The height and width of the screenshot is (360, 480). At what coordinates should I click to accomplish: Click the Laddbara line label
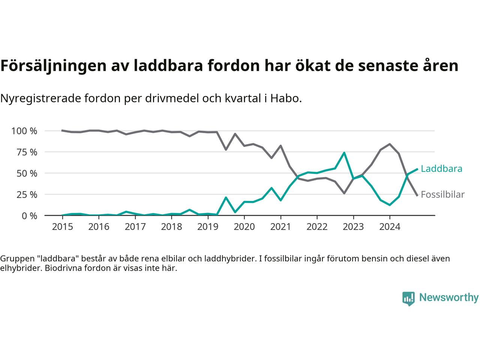coord(441,169)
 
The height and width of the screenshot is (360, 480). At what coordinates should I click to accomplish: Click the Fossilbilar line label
coord(442,195)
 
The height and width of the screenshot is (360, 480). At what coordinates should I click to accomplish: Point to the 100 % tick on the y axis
coord(24,131)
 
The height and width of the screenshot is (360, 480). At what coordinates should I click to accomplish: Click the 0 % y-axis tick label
coord(29,216)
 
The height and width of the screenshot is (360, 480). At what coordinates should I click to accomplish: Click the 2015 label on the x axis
coord(62,227)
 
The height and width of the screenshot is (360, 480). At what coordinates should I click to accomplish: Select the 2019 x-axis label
coord(208,227)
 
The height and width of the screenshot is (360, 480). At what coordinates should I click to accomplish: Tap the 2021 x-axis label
coord(280,227)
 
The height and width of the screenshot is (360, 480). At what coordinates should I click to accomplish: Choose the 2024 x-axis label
coord(390,227)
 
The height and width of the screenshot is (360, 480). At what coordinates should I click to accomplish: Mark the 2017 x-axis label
coord(135,227)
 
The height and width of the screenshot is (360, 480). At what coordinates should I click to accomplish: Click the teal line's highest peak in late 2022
coord(344,153)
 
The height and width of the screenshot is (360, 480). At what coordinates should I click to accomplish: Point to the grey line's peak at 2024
coord(390,144)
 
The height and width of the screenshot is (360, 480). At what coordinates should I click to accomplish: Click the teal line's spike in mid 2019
coord(226,197)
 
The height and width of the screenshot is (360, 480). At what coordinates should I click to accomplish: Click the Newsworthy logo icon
coord(408,298)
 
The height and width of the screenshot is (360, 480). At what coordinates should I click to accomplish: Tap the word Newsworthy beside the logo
coord(448,298)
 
